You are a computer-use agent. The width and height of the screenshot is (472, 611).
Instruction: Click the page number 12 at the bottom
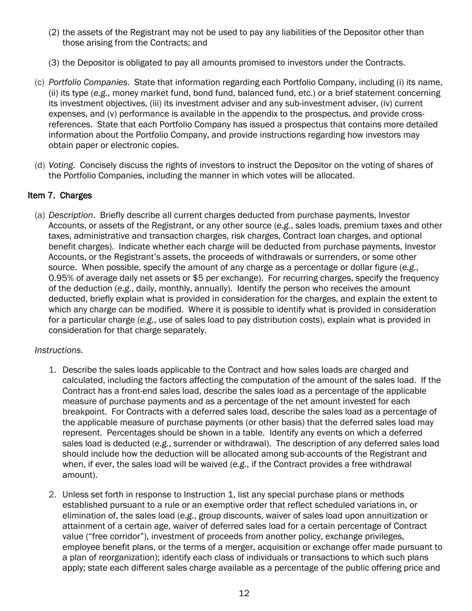(243, 593)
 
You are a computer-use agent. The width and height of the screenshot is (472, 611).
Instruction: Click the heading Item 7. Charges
(60, 195)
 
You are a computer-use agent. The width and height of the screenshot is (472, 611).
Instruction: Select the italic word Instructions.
(59, 350)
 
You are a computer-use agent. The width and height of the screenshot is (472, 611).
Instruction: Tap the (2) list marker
(54, 33)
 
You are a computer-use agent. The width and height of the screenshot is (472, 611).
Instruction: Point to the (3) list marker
(54, 63)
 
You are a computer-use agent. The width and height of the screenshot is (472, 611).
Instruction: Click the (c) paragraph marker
(40, 82)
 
